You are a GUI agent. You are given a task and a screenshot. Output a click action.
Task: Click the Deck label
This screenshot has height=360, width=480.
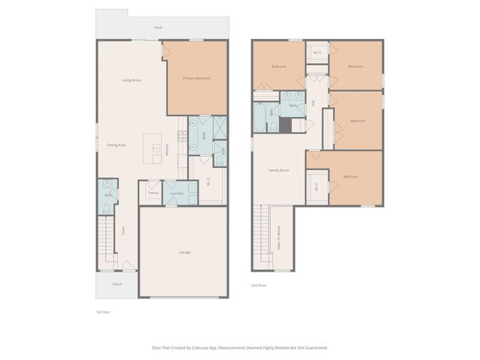point(158,28)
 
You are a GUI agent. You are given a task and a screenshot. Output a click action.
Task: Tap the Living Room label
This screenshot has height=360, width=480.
point(132,80)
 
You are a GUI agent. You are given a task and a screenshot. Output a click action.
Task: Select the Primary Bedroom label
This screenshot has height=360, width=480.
point(196,79)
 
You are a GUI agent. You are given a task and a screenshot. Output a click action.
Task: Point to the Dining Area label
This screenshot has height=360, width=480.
point(116,145)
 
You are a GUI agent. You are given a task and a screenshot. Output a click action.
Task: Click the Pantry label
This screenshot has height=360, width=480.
point(153,193)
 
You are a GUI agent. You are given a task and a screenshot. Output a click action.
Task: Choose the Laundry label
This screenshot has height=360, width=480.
point(177,193)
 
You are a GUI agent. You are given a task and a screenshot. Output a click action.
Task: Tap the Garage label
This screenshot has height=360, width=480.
point(184,252)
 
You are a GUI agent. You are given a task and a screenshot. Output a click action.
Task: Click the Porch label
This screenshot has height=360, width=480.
point(117,285)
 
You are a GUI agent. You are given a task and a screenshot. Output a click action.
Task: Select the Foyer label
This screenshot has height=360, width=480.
point(122,231)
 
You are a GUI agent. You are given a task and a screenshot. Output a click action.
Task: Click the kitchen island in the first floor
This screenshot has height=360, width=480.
point(153,148)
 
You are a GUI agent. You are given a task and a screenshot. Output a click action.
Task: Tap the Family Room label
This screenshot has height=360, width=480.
point(279,170)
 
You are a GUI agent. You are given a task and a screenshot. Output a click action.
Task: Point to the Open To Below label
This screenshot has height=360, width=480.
point(278,239)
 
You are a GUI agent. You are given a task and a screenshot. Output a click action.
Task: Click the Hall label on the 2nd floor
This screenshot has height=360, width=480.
point(313,102)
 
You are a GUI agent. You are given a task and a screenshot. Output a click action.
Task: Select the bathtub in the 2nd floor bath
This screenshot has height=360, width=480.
point(260,118)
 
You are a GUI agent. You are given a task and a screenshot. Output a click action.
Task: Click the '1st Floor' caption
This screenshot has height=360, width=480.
point(103,311)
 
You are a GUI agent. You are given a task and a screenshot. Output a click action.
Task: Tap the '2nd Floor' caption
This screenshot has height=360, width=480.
point(259,285)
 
